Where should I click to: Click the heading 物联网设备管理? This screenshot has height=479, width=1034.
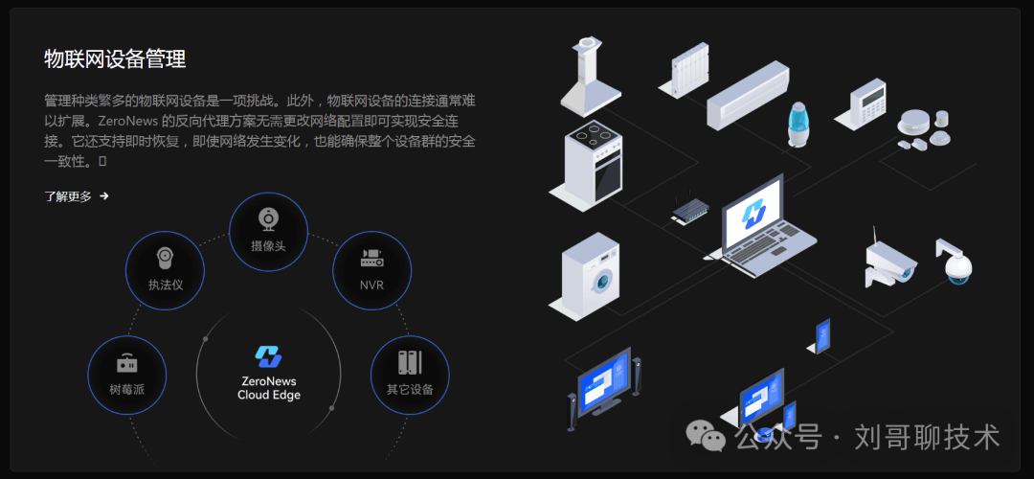(115, 59)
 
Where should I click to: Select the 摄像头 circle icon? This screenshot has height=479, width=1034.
(269, 231)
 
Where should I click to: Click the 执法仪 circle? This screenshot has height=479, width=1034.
(166, 270)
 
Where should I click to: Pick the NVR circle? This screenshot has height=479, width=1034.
(371, 270)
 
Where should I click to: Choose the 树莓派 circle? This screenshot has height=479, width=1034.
(126, 375)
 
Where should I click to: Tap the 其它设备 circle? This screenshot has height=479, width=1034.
(410, 375)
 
